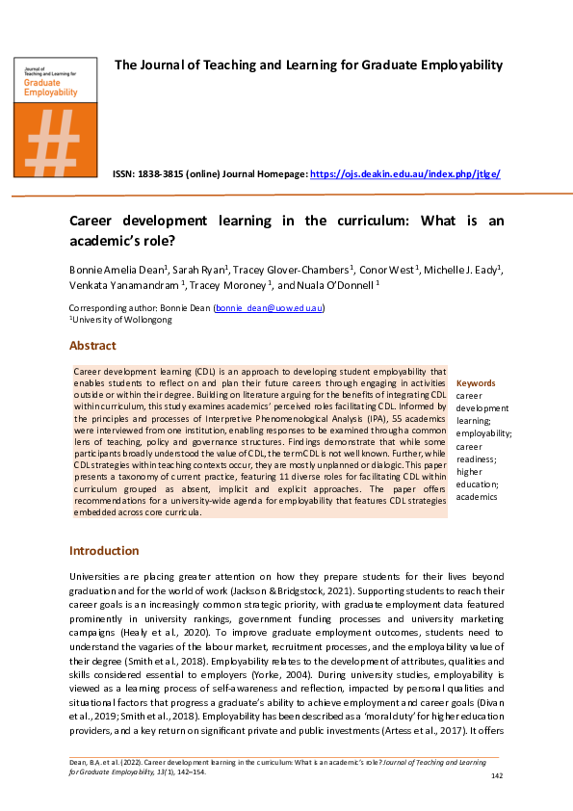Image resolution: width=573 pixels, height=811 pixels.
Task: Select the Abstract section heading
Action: pyautogui.click(x=92, y=346)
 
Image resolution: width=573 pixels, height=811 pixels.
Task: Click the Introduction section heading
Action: pyautogui.click(x=104, y=551)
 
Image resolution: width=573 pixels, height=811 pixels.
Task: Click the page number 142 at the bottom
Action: pyautogui.click(x=497, y=776)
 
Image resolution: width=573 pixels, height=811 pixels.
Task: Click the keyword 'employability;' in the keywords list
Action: pyautogui.click(x=483, y=434)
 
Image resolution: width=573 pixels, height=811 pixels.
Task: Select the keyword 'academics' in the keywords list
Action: pyautogui.click(x=477, y=497)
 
